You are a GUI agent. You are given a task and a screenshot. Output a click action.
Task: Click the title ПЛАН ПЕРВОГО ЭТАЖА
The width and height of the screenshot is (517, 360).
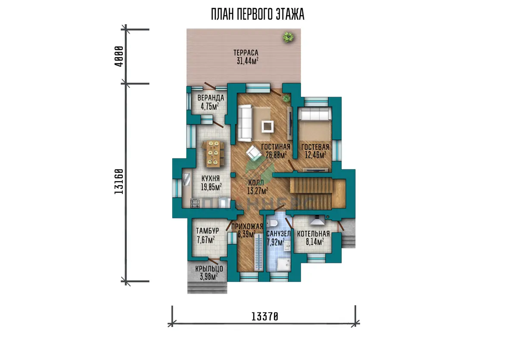click(258, 14)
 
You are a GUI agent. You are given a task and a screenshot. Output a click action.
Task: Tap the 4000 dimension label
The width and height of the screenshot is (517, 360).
click(119, 56)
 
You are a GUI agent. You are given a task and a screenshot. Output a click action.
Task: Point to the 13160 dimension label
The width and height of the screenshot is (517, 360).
click(119, 181)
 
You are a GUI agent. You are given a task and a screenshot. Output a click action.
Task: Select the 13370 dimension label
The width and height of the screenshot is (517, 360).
click(265, 317)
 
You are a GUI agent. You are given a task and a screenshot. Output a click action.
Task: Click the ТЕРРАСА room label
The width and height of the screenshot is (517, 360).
click(246, 53)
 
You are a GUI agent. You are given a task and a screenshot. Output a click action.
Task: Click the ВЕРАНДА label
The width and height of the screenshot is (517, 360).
click(211, 98)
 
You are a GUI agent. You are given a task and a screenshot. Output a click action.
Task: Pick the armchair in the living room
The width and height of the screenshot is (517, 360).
click(254, 153)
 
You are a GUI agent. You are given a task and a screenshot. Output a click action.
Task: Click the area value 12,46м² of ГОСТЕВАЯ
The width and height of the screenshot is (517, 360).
click(315, 155)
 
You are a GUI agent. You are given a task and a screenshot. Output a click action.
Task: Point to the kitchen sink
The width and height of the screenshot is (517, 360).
click(187, 179)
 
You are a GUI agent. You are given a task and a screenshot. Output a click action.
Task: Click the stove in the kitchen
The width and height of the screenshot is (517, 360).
click(195, 203)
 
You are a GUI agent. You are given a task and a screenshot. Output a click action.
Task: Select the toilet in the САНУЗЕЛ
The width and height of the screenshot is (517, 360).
click(272, 223)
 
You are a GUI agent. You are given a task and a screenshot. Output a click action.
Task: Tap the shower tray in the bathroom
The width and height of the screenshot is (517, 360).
click(283, 264)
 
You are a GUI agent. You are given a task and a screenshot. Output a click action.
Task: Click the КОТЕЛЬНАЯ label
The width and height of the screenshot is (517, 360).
click(313, 234)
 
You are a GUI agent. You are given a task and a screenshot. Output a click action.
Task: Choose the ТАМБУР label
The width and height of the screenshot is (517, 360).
click(207, 230)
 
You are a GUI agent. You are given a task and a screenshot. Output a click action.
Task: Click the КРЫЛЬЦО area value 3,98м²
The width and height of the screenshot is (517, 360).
click(209, 276)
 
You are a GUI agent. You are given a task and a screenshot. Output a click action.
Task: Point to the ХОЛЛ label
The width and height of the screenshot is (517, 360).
click(256, 183)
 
